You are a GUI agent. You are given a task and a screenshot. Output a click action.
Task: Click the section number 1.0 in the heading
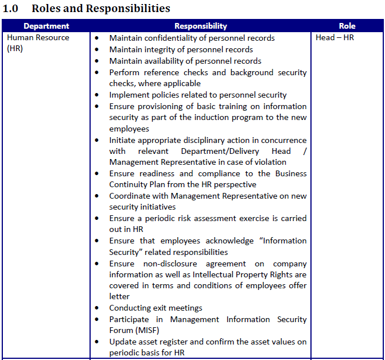[12, 8]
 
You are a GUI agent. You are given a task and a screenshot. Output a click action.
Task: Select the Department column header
[46, 26]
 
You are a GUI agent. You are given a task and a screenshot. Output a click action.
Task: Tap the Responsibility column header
[200, 26]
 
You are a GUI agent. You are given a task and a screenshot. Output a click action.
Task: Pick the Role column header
[347, 26]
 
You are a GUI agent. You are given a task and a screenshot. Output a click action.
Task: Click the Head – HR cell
[335, 38]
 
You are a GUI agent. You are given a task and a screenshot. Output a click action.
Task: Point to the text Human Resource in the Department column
[38, 38]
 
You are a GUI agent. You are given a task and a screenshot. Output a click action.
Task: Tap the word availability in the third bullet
[166, 61]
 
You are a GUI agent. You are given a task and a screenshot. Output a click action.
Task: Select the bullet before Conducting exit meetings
[96, 308]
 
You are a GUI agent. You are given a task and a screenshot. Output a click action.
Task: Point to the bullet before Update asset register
[96, 342]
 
